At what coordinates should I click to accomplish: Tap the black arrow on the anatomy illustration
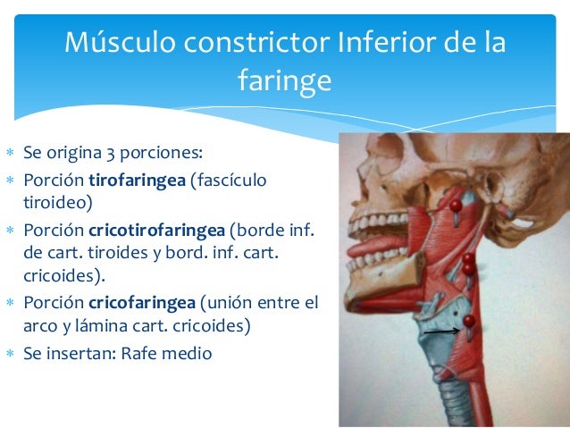pyautogui.click(x=441, y=331)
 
